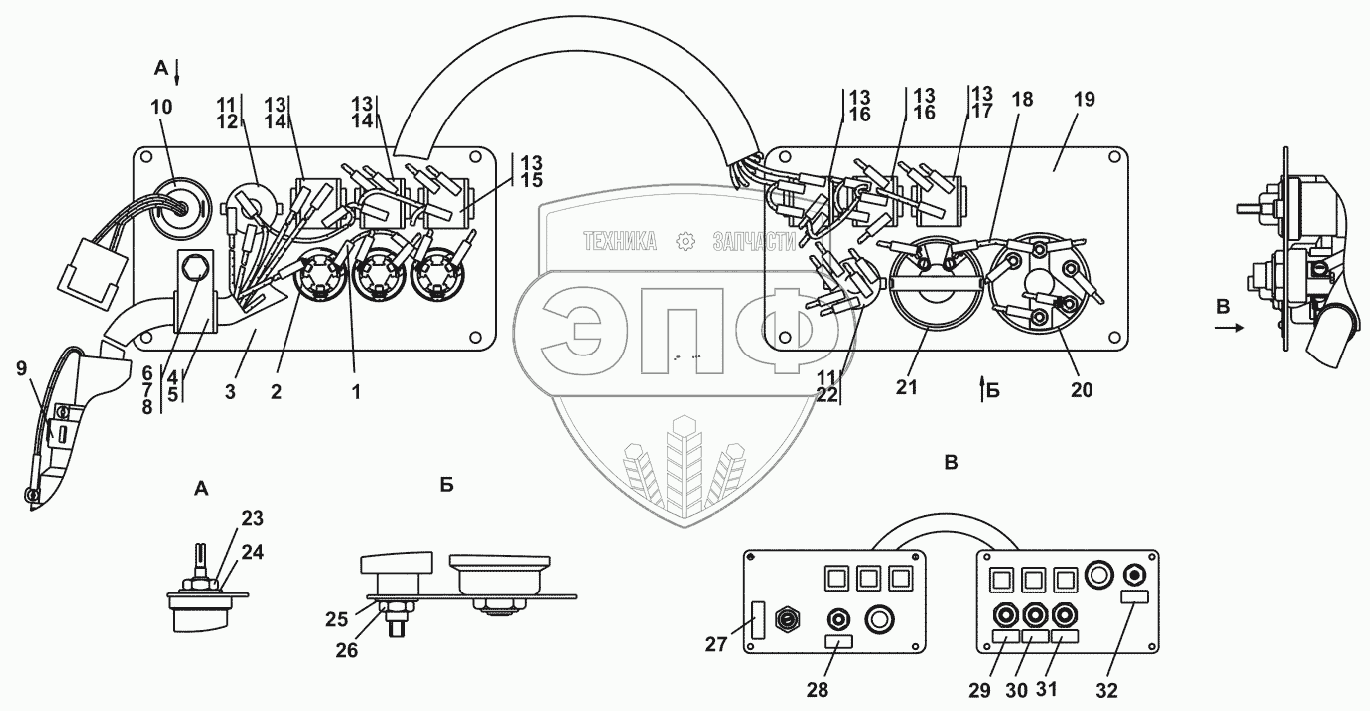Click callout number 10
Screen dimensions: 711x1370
pyautogui.click(x=161, y=106)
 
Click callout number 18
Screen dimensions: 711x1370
pyautogui.click(x=1021, y=100)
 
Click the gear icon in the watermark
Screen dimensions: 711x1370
pyautogui.click(x=684, y=240)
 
